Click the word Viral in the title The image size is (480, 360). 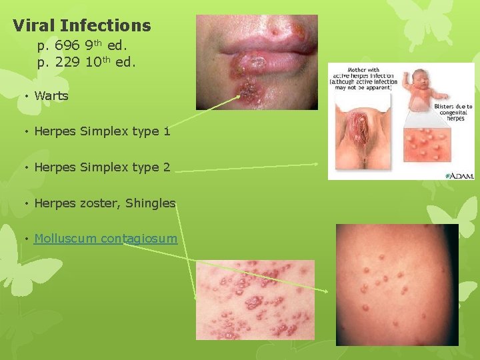pos(33,26)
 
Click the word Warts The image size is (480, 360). pos(51,95)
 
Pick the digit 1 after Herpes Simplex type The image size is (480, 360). pos(166,131)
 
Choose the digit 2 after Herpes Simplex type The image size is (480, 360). pos(166,167)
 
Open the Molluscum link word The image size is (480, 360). pos(65,238)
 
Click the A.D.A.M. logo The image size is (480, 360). pos(461,175)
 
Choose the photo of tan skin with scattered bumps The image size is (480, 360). pos(397,285)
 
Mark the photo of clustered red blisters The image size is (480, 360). pos(255,299)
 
